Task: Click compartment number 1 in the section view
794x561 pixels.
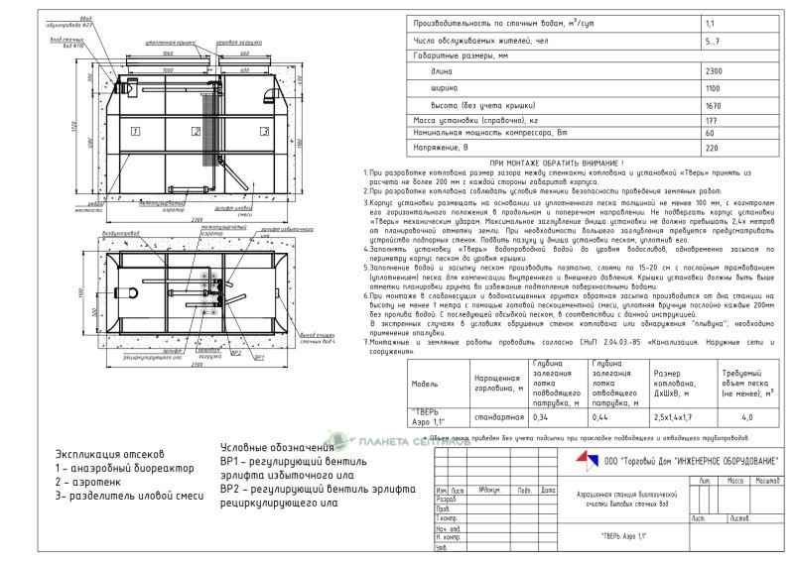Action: click(x=136, y=130)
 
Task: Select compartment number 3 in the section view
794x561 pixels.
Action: click(x=264, y=131)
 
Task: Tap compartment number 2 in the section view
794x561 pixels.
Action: click(x=197, y=131)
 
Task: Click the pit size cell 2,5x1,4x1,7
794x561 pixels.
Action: click(x=679, y=417)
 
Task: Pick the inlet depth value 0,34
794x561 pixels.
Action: click(x=544, y=417)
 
